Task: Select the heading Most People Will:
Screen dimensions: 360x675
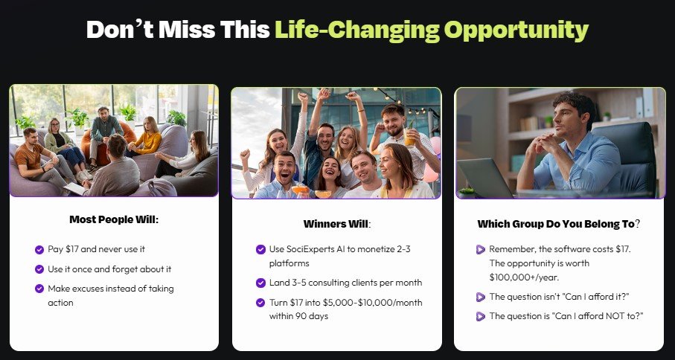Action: [114, 219]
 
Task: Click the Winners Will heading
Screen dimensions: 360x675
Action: [336, 224]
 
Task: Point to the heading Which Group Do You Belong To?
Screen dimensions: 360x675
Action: [559, 224]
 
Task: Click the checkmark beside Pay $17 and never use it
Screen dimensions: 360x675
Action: [39, 250]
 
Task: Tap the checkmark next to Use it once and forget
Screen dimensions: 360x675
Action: [39, 269]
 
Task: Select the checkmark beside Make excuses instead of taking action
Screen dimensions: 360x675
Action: [39, 289]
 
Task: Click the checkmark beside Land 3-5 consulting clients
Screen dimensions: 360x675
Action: [260, 283]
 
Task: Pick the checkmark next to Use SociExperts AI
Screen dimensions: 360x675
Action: [260, 250]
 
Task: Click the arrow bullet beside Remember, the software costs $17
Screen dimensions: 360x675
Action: [481, 250]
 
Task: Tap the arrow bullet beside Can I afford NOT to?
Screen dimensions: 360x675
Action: [481, 316]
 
